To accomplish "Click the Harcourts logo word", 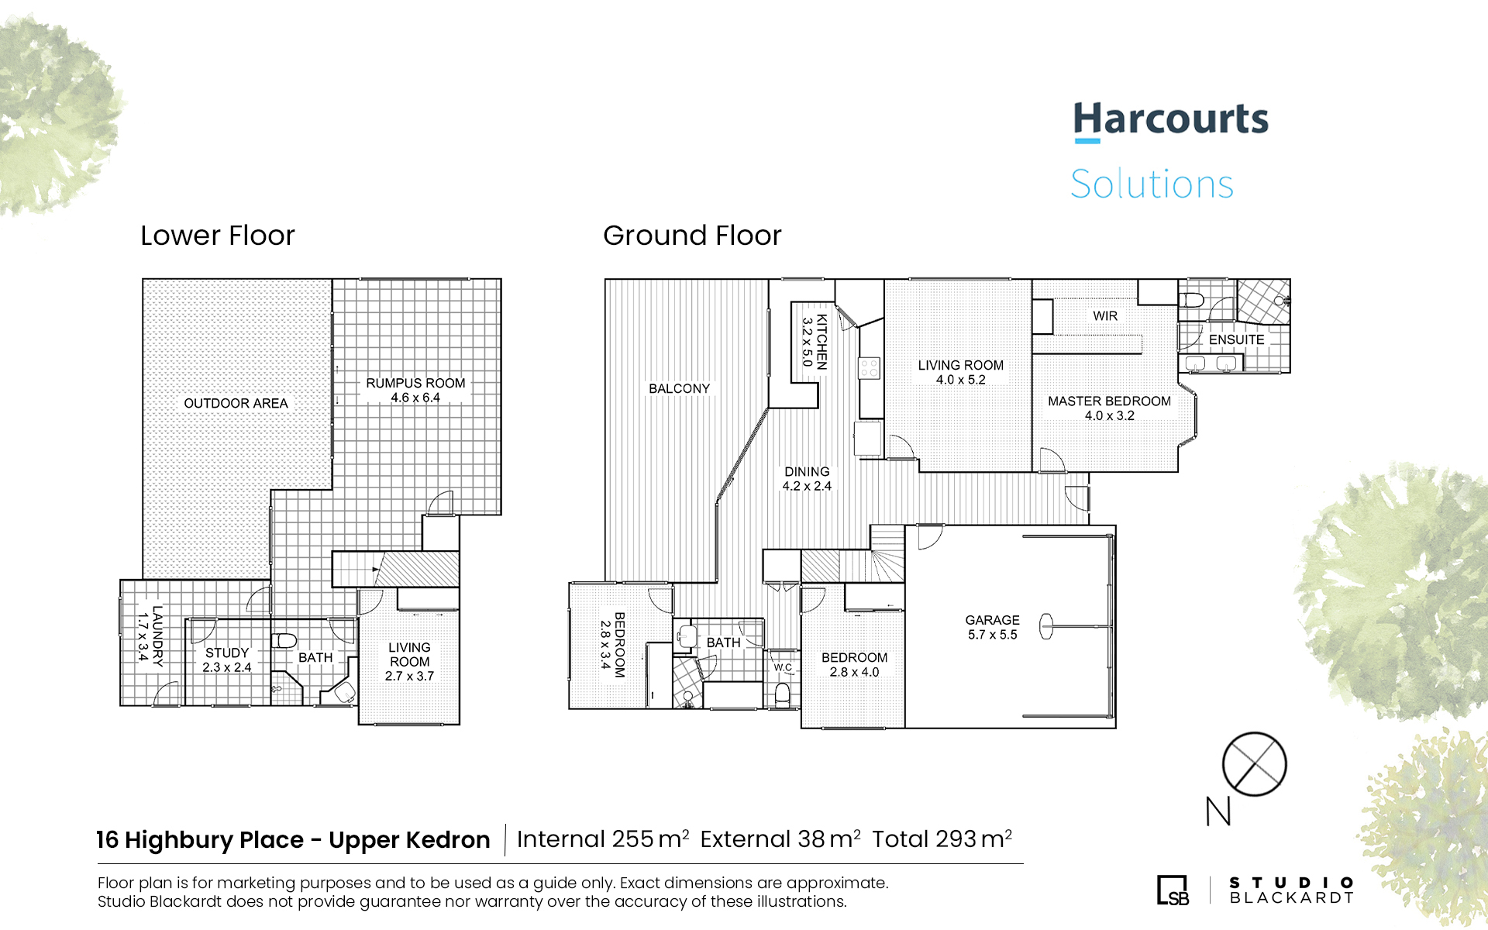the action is point(1171,120).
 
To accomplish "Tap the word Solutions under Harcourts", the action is point(1152,184).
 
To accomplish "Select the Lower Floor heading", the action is point(218,236).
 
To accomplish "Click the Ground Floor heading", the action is point(692,236).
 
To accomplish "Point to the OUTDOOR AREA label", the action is point(236,404).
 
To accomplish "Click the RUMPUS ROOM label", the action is point(415,383).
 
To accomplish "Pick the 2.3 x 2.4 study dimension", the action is point(227,667).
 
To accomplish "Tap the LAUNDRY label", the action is point(157,636).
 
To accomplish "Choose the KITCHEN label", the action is point(822,341).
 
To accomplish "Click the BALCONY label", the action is point(679,389).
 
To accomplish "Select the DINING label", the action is point(807,471).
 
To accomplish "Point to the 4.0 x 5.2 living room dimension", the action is point(961,380).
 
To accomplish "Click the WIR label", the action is point(1105,316).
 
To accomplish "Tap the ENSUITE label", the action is point(1236,340).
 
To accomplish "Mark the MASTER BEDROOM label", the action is point(1109,401).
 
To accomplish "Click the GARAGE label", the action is point(992,620).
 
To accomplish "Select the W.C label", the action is point(783,667).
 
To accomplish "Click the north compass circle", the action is point(1254,764).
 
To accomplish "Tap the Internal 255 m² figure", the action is point(603,839).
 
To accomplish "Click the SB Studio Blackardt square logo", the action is point(1173,890).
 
